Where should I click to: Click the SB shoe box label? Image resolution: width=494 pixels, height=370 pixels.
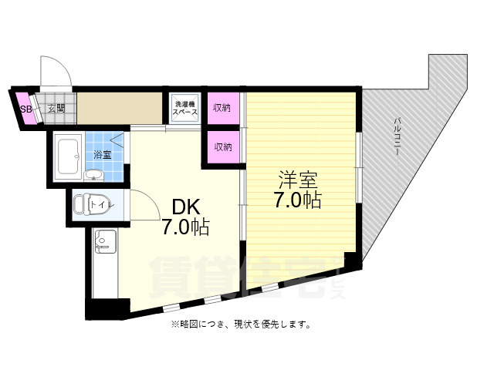point(25,109)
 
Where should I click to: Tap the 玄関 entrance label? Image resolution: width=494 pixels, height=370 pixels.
point(55,109)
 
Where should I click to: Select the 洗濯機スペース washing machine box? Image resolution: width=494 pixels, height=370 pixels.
point(185,107)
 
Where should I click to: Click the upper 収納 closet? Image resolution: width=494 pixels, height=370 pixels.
point(222,108)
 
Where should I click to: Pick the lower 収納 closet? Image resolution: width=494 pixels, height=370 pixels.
point(222,146)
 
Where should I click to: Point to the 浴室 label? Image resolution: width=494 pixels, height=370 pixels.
point(103,155)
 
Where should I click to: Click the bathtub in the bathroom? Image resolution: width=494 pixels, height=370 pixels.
point(69,156)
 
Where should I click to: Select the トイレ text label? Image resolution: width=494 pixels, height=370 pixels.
point(102,205)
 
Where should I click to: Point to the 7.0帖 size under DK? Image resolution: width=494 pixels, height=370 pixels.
point(184,227)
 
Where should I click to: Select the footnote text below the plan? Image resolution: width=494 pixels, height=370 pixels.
point(241,325)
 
